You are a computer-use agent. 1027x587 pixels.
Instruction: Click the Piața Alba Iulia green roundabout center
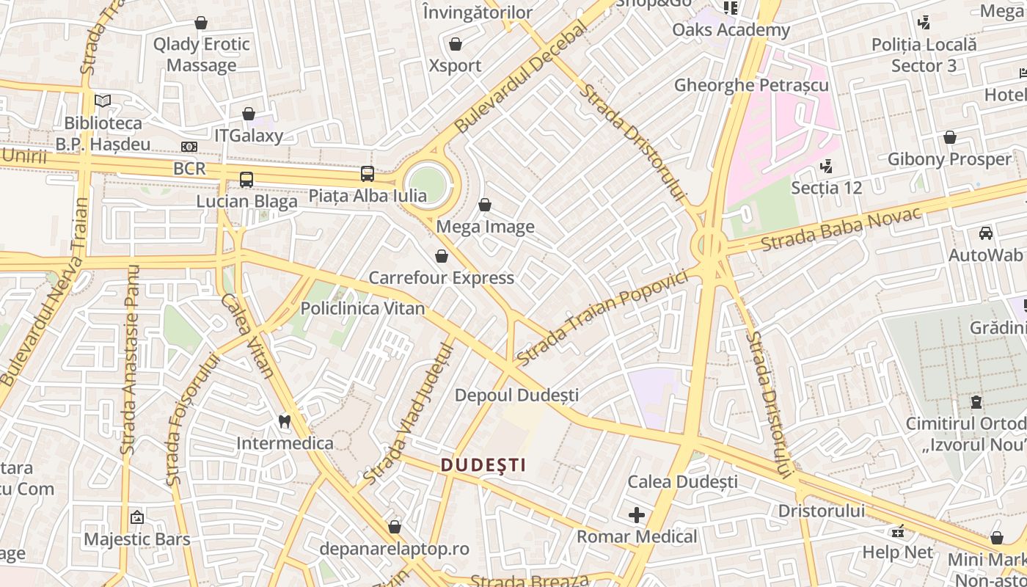[428, 183]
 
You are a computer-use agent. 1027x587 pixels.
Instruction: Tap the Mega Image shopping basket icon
[484, 205]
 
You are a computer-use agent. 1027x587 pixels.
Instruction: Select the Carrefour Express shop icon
[441, 255]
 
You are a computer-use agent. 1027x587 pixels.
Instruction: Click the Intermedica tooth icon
[285, 421]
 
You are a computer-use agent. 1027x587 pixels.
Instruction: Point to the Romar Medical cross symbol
[637, 515]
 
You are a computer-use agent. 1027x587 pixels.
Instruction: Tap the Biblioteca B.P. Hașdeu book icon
[103, 101]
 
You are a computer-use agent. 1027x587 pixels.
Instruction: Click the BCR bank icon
[189, 147]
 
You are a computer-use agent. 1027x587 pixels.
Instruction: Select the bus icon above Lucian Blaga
[246, 179]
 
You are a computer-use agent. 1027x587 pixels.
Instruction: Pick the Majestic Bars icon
[136, 517]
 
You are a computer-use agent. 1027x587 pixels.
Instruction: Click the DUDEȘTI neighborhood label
[483, 464]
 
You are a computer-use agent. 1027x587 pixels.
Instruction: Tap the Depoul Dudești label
[516, 395]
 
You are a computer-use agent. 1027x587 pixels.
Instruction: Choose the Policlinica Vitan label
[362, 308]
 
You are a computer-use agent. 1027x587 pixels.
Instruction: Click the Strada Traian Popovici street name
[602, 317]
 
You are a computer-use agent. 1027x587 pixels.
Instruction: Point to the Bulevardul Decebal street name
[522, 77]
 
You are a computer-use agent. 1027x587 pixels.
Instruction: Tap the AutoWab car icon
[985, 233]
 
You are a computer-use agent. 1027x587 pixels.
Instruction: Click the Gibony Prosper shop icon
[950, 137]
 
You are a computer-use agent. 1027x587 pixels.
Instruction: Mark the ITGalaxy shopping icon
[249, 114]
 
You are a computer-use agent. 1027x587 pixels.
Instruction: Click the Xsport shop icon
[455, 44]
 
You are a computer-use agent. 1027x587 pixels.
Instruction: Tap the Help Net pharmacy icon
[898, 531]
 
